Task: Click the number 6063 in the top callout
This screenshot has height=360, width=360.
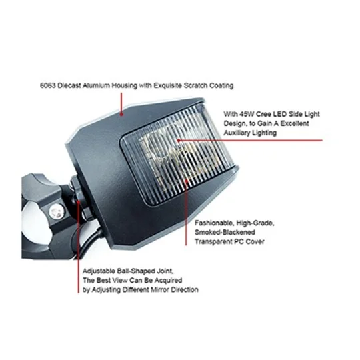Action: (x=48, y=85)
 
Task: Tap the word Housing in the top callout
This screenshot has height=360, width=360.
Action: (x=125, y=85)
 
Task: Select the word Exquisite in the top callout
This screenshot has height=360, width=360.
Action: (x=168, y=85)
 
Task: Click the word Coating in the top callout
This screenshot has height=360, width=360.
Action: (x=221, y=85)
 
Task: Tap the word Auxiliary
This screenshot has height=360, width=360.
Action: (x=237, y=133)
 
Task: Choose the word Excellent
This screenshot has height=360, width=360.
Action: (x=295, y=123)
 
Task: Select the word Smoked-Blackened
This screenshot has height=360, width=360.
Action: (x=225, y=232)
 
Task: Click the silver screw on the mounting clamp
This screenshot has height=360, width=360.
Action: (x=57, y=213)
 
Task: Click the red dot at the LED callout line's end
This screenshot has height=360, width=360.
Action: (x=179, y=140)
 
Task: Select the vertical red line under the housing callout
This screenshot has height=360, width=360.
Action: (x=121, y=103)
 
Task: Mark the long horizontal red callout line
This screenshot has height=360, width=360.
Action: (x=250, y=140)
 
